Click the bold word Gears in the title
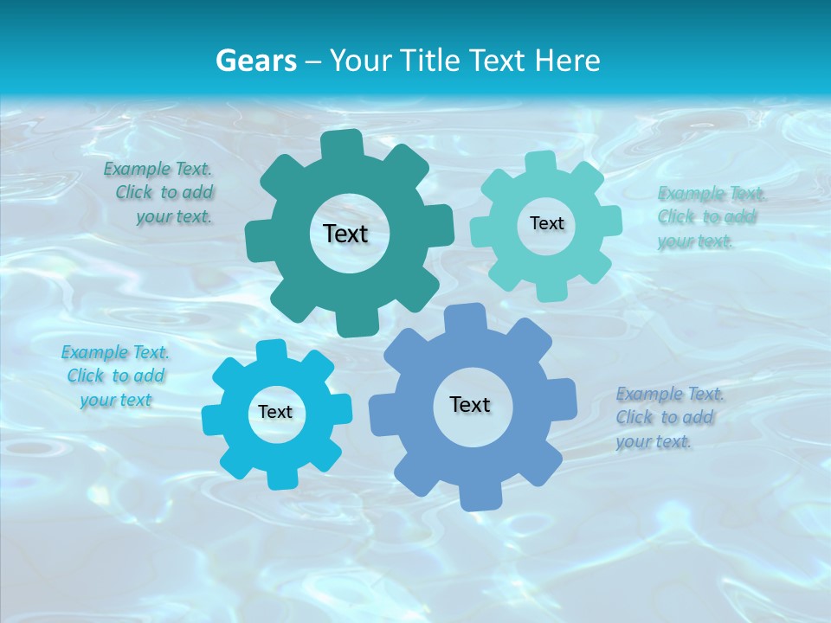(255, 61)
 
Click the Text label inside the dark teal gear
(345, 234)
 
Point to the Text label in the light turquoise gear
(546, 223)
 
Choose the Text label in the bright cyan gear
(275, 413)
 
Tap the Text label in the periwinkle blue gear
(470, 405)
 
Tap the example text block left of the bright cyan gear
(115, 376)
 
